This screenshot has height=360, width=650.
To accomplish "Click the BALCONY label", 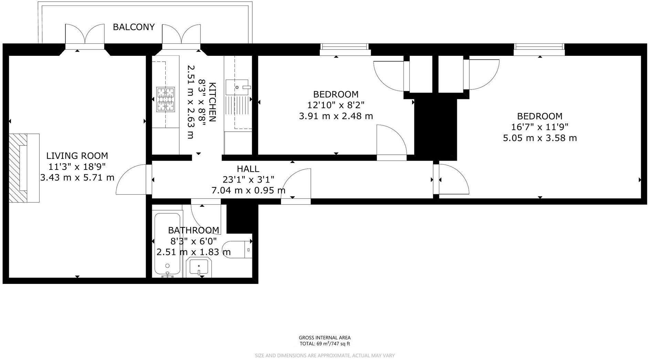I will [134, 27].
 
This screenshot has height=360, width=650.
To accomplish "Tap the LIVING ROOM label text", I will [77, 156].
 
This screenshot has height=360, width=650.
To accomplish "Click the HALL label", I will [248, 169].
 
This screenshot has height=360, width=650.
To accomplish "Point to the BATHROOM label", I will [193, 230].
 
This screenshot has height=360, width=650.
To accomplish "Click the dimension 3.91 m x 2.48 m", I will [336, 116].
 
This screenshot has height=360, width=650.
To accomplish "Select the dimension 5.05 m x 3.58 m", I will [539, 138].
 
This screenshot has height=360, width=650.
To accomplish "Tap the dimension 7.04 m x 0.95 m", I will [248, 190].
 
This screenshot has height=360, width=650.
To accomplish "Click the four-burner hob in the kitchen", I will [166, 100].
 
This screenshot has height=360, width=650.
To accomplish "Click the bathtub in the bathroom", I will [167, 245].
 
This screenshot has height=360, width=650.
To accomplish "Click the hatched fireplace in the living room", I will [18, 168].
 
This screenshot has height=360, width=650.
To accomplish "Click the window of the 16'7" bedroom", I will [539, 49].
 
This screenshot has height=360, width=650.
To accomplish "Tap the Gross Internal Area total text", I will [324, 343].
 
